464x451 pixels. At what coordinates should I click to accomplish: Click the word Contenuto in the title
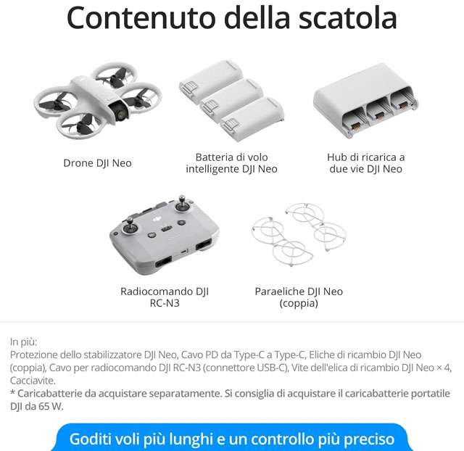[x=141, y=17]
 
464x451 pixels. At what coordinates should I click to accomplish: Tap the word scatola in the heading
[x=347, y=17]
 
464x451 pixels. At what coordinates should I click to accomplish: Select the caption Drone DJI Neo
[x=97, y=162]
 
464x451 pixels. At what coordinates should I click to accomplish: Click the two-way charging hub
[x=365, y=100]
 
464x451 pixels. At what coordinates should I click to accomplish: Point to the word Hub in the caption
[x=335, y=157]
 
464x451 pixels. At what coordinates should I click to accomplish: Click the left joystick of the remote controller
[x=130, y=226]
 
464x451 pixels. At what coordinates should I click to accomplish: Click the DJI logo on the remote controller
[x=157, y=219]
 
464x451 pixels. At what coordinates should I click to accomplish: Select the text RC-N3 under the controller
[x=165, y=303]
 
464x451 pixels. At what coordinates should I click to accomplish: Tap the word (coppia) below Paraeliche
[x=299, y=304]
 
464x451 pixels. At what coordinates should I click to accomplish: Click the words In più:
[x=23, y=342]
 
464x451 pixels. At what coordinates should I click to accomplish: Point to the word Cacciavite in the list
[x=33, y=380]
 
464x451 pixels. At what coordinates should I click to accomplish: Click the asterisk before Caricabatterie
[x=12, y=392]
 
